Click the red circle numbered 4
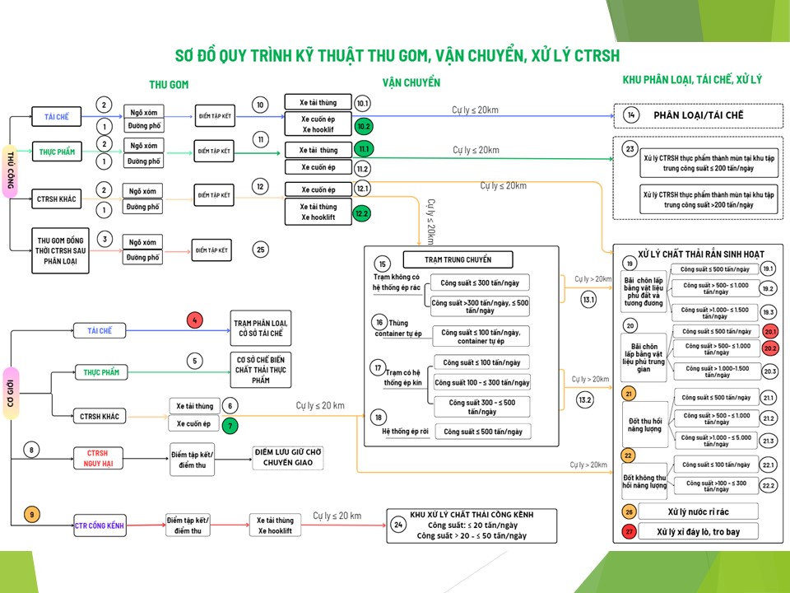[194, 320]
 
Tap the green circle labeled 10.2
[364, 127]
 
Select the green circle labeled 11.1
[364, 149]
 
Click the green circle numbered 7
[231, 425]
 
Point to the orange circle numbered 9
[32, 516]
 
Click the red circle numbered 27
[630, 531]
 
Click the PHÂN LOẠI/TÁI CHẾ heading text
[698, 115]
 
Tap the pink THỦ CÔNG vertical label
[12, 170]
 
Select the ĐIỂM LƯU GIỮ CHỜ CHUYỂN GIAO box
[287, 458]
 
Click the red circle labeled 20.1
[770, 332]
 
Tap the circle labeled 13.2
[586, 400]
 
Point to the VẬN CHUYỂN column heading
[411, 83]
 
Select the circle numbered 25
[261, 250]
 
